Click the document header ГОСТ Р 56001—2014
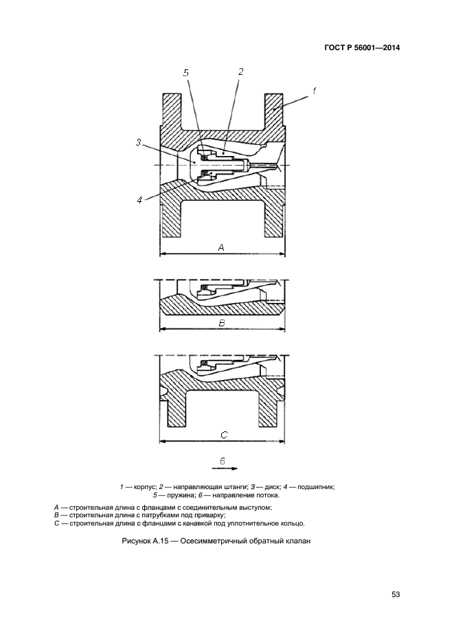point(361,48)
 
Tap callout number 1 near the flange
point(314,91)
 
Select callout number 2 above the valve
point(240,71)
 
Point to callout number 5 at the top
point(186,72)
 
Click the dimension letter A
point(221,247)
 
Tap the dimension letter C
point(224,435)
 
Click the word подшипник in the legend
point(315,486)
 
